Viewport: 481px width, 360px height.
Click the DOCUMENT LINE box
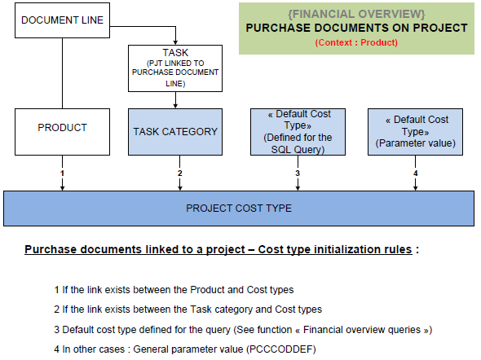(62, 20)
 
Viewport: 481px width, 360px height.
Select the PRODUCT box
(62, 132)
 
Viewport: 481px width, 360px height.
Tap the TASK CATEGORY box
(175, 132)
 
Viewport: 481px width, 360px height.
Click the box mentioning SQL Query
(298, 132)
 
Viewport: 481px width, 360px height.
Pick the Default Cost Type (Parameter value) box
(415, 132)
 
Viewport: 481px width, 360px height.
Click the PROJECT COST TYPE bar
(239, 209)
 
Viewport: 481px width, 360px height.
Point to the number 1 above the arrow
(62, 173)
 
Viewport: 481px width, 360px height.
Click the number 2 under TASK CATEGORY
(179, 173)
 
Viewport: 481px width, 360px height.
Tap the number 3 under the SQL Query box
(298, 173)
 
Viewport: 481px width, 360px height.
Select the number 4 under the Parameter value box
(415, 173)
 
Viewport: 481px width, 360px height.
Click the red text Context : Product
(356, 42)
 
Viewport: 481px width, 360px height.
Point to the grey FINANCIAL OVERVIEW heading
(356, 14)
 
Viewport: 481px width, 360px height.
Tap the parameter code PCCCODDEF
(281, 349)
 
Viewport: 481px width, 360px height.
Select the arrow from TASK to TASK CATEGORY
(175, 100)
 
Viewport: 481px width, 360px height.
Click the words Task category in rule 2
(222, 310)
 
